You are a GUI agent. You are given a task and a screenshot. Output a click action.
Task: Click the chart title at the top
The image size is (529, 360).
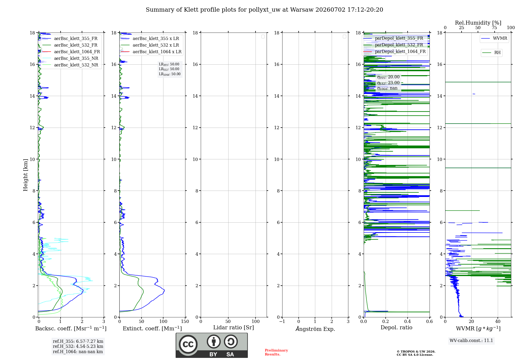pos(264,10)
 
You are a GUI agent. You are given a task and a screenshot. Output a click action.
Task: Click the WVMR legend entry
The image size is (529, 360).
pos(494,38)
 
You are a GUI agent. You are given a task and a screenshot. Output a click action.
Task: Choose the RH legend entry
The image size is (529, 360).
pos(491,53)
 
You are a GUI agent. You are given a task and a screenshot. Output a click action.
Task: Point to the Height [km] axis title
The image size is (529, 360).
pos(25,175)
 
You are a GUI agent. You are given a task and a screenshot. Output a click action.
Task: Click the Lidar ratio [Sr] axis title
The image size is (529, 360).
pos(234,328)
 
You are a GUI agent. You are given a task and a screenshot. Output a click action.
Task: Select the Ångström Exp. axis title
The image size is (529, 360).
pos(315,329)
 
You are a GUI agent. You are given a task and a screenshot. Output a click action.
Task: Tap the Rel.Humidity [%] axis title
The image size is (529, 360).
pos(478,23)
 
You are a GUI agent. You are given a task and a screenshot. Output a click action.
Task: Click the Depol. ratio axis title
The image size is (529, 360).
pos(396,327)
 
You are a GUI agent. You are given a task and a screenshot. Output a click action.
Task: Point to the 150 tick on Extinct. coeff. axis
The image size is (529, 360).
pos(185,321)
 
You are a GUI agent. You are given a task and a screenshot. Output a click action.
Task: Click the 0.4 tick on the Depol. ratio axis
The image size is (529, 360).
pos(408,321)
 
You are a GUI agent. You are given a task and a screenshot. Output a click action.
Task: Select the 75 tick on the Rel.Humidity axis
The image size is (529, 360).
pos(494,28)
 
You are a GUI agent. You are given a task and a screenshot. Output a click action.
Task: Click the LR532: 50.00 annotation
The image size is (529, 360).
pos(169,69)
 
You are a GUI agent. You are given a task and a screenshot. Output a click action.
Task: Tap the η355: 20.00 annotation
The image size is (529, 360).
pos(388,77)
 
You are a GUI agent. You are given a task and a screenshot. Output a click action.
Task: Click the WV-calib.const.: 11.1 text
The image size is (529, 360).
pos(471,340)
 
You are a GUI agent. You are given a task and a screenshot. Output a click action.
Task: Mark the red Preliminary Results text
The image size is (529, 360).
pos(276,352)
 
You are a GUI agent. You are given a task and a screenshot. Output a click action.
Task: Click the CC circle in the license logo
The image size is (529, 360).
pos(188,344)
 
